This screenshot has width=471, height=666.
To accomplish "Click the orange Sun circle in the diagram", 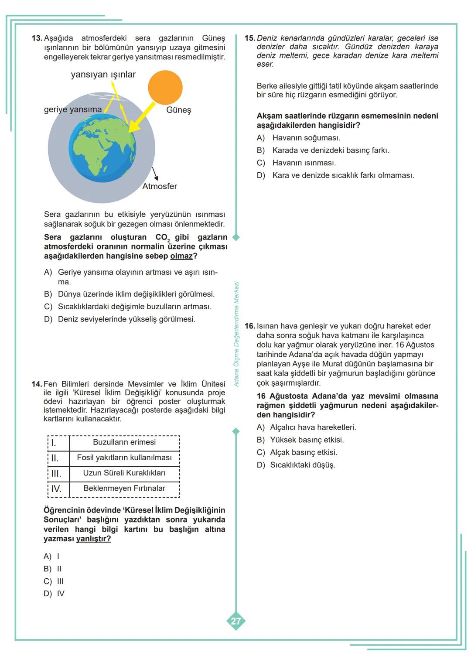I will click(165, 88).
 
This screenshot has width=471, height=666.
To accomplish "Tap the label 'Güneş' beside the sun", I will click(178, 110).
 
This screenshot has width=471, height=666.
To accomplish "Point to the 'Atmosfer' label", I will click(160, 186).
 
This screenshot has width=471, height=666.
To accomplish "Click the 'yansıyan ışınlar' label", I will click(103, 75).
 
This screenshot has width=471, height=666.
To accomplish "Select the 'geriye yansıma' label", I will click(73, 109).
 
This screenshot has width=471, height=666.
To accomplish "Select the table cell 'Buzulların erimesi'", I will click(124, 442).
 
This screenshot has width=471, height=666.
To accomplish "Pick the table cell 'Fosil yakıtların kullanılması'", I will click(124, 458).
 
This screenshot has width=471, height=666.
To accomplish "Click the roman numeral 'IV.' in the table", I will click(56, 488).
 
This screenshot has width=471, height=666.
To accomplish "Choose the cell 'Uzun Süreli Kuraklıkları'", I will click(124, 473).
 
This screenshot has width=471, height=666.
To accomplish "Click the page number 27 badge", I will click(235, 621).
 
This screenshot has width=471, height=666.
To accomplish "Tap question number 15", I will click(249, 38).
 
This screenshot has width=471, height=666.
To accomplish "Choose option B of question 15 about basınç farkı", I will click(330, 150).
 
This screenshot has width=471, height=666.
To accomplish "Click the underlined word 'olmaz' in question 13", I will click(181, 256).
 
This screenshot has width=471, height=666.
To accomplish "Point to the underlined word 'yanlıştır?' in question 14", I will click(93, 539).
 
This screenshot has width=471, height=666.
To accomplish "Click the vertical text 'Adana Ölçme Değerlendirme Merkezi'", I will click(236, 334).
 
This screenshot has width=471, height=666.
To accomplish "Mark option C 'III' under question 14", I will click(54, 581).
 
